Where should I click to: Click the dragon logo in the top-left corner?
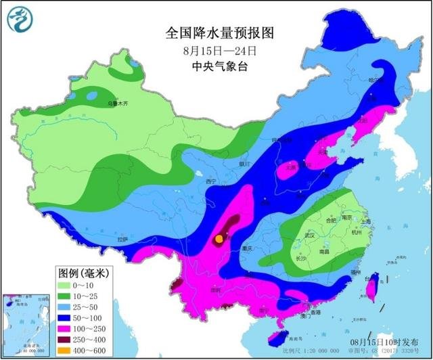(x=20, y=20)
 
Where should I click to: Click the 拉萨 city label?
(x=122, y=240)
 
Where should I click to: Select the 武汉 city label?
(x=312, y=235)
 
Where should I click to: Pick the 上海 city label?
(x=365, y=221)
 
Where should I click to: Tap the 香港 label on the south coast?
(x=315, y=312)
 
